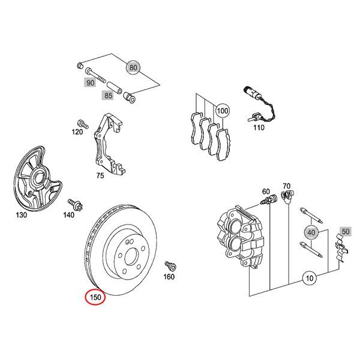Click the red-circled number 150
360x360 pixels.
click(x=94, y=296)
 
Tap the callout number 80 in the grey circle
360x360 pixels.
click(x=133, y=68)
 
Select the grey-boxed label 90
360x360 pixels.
click(x=90, y=83)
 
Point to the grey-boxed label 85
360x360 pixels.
click(x=108, y=95)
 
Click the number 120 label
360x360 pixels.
click(x=77, y=131)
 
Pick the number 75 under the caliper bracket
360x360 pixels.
click(x=100, y=175)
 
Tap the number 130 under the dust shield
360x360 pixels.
click(x=21, y=214)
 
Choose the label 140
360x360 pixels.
click(x=69, y=214)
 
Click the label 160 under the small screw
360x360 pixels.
click(x=169, y=277)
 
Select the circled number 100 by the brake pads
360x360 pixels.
click(x=223, y=111)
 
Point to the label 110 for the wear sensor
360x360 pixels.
click(x=258, y=128)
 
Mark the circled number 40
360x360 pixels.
click(x=310, y=232)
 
